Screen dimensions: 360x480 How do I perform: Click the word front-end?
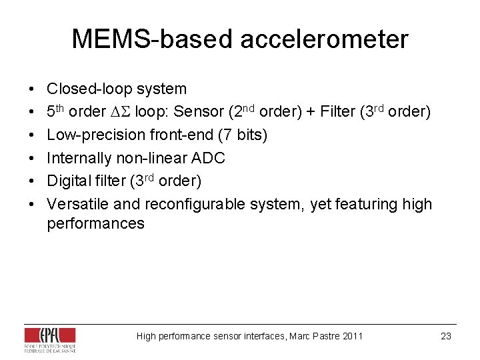pos(176,135)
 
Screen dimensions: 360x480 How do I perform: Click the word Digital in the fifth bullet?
pos(67,181)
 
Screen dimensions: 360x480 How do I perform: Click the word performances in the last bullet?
pos(95,223)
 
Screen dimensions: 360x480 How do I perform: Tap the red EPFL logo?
pos(58,335)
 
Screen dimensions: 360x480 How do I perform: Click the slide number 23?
pos(446,336)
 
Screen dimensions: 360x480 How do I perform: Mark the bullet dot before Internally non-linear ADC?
pos(33,158)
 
